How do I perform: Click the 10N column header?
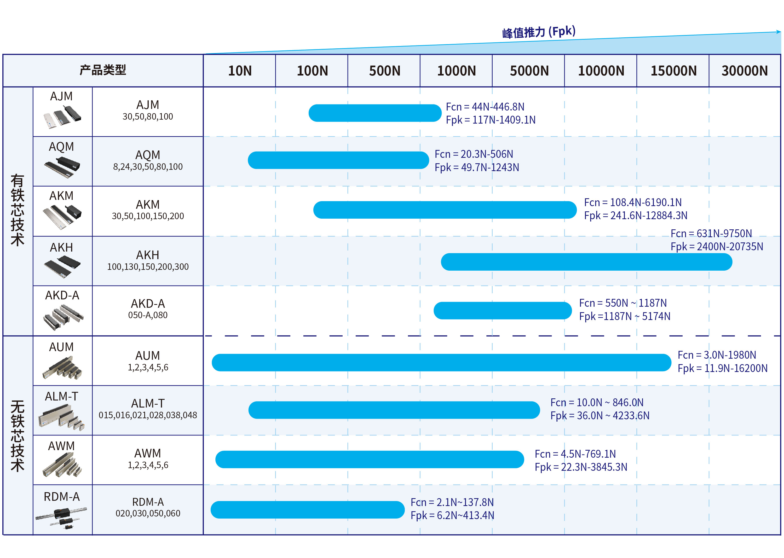pos(240,71)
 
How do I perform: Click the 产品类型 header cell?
pos(103,70)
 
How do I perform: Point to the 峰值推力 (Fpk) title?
pos(538,32)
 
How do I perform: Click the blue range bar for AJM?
pos(375,113)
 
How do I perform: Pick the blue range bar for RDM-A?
pos(307,510)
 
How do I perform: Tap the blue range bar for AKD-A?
pos(502,311)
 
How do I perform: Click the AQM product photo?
pos(62,167)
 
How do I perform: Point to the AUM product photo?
pos(62,368)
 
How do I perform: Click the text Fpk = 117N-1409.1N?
pos(491,120)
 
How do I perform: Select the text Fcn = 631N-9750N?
pos(711,234)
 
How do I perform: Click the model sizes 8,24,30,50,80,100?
pos(148,167)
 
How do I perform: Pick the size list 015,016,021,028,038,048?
pos(148,415)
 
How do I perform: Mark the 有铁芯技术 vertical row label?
pos(18,210)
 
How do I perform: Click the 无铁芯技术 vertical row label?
pos(18,436)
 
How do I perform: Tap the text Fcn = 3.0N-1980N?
pos(717,355)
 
